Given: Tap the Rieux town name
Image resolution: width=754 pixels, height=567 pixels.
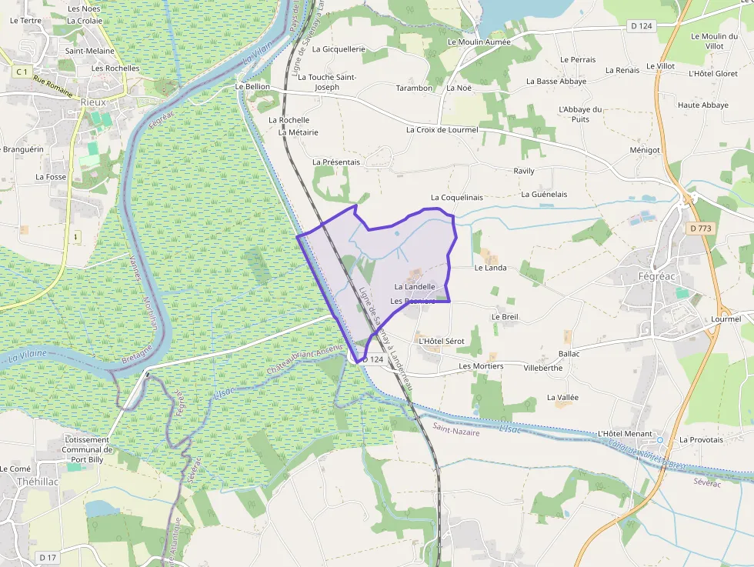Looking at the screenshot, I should (x=93, y=101).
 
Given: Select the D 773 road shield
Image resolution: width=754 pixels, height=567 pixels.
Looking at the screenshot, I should (x=700, y=228).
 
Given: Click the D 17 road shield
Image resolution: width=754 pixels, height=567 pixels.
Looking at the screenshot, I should (x=48, y=557).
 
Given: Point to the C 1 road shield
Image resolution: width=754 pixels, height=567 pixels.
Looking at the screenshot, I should (x=22, y=72).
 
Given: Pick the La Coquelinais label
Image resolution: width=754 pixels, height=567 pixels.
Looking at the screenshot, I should (x=457, y=198).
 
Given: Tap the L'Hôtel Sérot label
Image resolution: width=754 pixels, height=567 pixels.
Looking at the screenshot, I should (x=441, y=341).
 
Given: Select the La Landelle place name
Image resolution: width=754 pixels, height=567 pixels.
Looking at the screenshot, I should (x=415, y=287).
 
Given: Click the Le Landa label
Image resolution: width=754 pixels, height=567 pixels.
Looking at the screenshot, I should (x=491, y=268).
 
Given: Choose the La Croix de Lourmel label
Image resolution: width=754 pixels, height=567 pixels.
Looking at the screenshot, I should (x=442, y=130).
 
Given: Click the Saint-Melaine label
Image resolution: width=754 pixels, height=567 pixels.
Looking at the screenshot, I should (x=89, y=51).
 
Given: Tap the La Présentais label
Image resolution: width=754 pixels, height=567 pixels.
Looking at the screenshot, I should (x=336, y=162).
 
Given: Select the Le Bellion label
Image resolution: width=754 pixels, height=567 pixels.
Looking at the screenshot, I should (x=253, y=87).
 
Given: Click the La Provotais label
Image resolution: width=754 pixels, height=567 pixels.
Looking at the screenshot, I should (x=701, y=439).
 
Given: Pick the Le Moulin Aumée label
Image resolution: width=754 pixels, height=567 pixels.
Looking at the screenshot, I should (x=479, y=42).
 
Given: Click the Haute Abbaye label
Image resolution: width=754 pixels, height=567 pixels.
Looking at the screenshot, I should (x=703, y=105).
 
